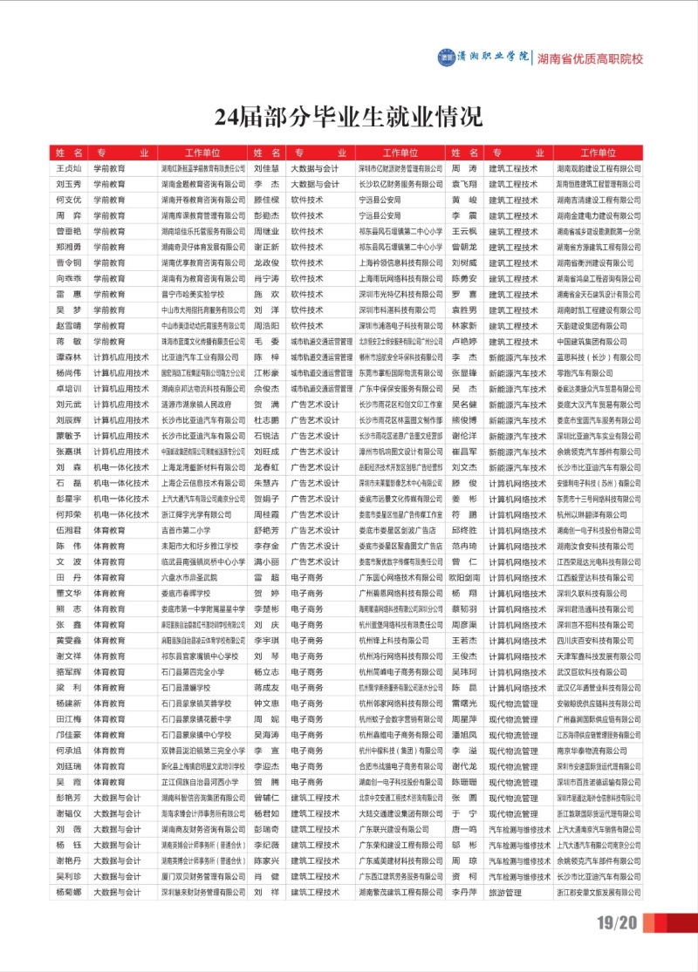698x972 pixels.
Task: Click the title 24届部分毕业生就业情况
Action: tap(348, 115)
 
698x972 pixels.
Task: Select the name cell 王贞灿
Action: tap(68, 168)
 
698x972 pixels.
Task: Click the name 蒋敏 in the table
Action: tap(68, 341)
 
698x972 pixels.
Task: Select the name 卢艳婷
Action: tap(464, 342)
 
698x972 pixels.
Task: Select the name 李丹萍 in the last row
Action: tap(464, 893)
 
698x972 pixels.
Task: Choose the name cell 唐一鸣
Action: tap(464, 830)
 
